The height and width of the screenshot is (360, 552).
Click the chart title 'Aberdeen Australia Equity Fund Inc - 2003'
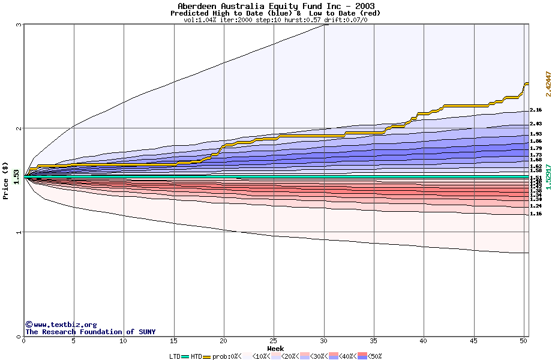276,6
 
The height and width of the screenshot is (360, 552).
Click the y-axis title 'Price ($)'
5,181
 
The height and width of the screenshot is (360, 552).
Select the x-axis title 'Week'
275,348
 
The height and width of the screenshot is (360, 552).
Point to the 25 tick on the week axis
274,341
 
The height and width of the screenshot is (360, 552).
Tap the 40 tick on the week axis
424,341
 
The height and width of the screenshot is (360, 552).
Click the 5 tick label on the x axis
74,341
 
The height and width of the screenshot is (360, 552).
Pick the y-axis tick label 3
19,25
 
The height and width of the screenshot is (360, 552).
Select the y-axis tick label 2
19,128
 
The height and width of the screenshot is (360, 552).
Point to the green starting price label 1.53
16,177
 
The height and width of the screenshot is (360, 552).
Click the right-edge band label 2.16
536,110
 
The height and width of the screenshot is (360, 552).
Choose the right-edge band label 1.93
536,134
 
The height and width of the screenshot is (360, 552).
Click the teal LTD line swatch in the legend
185,356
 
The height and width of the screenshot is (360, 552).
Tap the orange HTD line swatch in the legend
208,356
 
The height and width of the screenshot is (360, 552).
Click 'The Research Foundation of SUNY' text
90,332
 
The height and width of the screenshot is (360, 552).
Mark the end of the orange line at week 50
527,83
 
